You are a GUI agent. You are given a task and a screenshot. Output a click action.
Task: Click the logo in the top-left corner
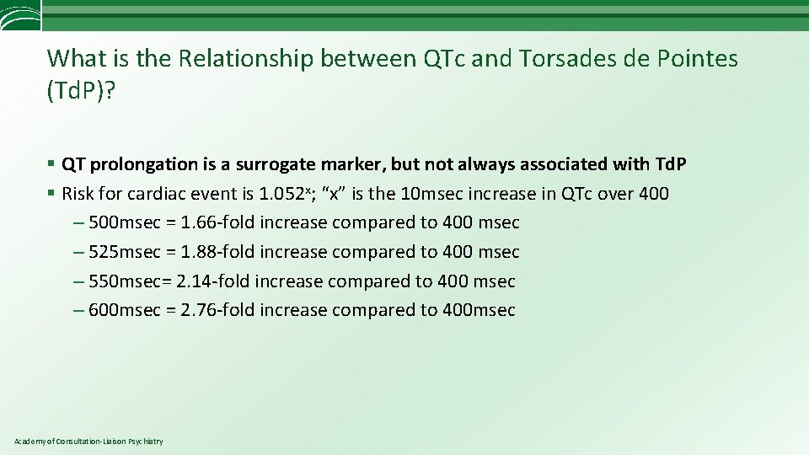coord(19,15)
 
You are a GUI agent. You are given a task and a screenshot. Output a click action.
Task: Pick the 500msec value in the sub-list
coord(124,222)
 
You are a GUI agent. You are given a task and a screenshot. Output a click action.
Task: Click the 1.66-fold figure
coord(217,222)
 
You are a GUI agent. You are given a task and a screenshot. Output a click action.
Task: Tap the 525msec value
coord(124,252)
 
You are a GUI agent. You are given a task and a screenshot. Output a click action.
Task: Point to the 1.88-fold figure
coord(217,252)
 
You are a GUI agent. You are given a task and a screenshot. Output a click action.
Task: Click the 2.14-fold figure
coord(213,281)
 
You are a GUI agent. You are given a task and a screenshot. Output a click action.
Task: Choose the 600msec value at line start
coord(124,310)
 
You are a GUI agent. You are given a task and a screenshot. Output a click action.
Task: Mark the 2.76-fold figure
coord(217,310)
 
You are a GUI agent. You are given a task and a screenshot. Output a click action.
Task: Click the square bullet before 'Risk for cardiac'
coord(51,194)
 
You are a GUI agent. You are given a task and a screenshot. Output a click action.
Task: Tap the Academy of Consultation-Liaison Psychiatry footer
coord(88,442)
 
